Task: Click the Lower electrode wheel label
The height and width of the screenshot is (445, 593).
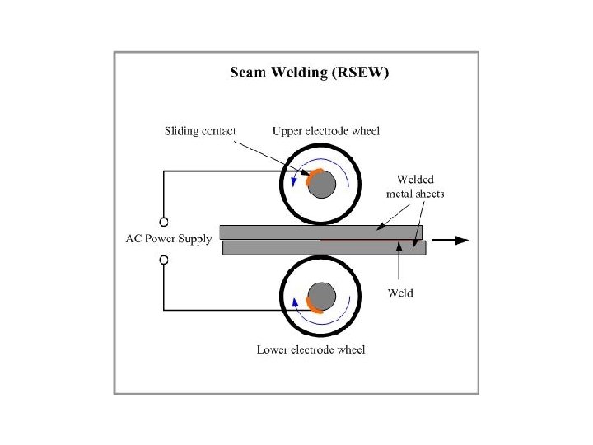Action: click(311, 349)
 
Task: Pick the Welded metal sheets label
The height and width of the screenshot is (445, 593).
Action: click(415, 187)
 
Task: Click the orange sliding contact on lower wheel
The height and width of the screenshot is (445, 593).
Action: click(311, 306)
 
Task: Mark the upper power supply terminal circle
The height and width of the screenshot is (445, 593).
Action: click(164, 222)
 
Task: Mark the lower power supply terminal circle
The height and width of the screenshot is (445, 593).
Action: click(164, 260)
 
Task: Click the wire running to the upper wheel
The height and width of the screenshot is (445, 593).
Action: click(222, 171)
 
